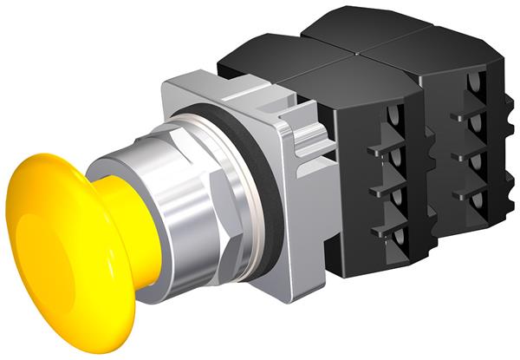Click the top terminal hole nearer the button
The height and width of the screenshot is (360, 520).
point(396,116)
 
